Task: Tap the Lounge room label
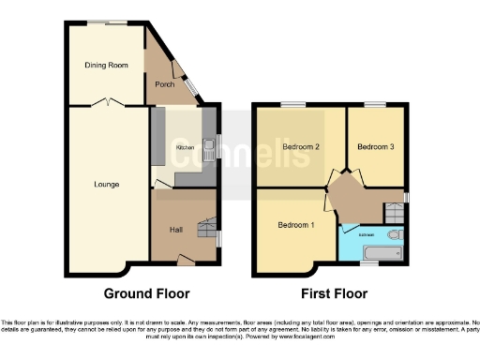tap(106, 184)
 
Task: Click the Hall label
tap(175, 230)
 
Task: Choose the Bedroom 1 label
tap(296, 226)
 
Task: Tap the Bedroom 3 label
tap(375, 147)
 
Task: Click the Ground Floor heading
tap(141, 293)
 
